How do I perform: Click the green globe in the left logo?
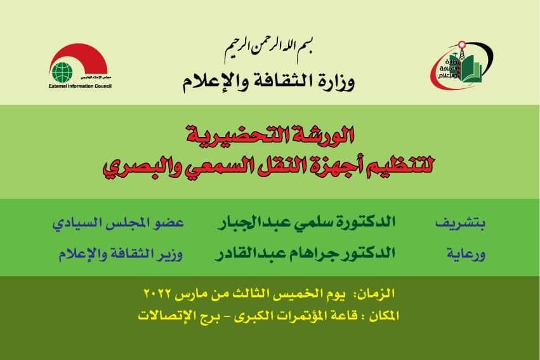pos(62,72)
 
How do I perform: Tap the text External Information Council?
pos(80,86)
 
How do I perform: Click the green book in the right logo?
pos(472,70)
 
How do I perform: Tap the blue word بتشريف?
pos(460,223)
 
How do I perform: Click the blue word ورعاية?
pos(466,254)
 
